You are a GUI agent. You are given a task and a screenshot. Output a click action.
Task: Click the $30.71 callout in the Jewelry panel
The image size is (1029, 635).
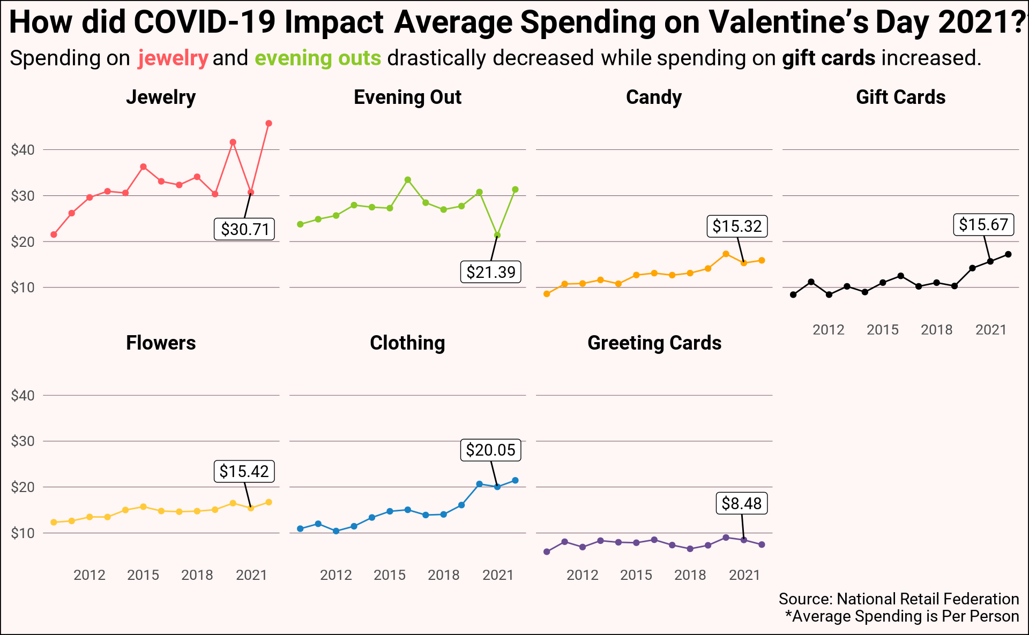(244, 229)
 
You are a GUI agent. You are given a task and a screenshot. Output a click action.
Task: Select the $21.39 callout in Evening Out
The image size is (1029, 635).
(490, 272)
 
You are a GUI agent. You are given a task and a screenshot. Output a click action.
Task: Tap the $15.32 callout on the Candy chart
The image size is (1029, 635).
(737, 226)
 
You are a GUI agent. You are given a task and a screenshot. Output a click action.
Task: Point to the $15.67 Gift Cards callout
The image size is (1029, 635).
(983, 224)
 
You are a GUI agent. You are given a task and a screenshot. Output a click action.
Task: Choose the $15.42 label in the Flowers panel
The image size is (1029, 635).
(244, 471)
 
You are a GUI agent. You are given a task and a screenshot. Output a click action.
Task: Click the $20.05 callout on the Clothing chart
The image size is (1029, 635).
(490, 450)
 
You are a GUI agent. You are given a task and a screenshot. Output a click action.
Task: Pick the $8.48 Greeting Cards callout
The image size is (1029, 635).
(742, 503)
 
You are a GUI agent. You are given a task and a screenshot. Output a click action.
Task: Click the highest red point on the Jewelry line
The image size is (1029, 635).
(269, 124)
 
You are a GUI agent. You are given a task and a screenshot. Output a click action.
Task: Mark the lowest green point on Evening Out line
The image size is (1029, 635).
(497, 235)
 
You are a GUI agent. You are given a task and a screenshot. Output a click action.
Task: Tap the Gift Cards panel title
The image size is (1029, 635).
(900, 97)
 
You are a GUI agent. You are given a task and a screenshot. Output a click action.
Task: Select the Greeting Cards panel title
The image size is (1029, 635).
(654, 343)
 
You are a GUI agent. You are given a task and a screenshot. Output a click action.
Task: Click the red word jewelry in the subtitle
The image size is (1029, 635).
(173, 58)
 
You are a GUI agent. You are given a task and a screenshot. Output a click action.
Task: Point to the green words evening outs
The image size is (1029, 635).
(318, 58)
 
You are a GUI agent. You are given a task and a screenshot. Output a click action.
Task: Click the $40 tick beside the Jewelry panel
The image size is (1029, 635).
(23, 150)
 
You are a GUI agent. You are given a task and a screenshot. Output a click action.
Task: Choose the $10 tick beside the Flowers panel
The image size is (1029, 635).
(23, 533)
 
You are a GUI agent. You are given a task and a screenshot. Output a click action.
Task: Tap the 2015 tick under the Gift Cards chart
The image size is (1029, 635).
(883, 330)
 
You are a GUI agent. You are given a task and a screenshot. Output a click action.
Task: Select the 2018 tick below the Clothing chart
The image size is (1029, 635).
(444, 575)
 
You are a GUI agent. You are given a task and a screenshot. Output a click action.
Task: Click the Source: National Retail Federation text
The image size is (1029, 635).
(899, 599)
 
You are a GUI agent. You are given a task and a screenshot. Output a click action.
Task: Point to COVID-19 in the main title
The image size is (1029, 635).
(205, 22)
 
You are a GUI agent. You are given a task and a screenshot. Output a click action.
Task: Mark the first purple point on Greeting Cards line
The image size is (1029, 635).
(547, 552)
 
